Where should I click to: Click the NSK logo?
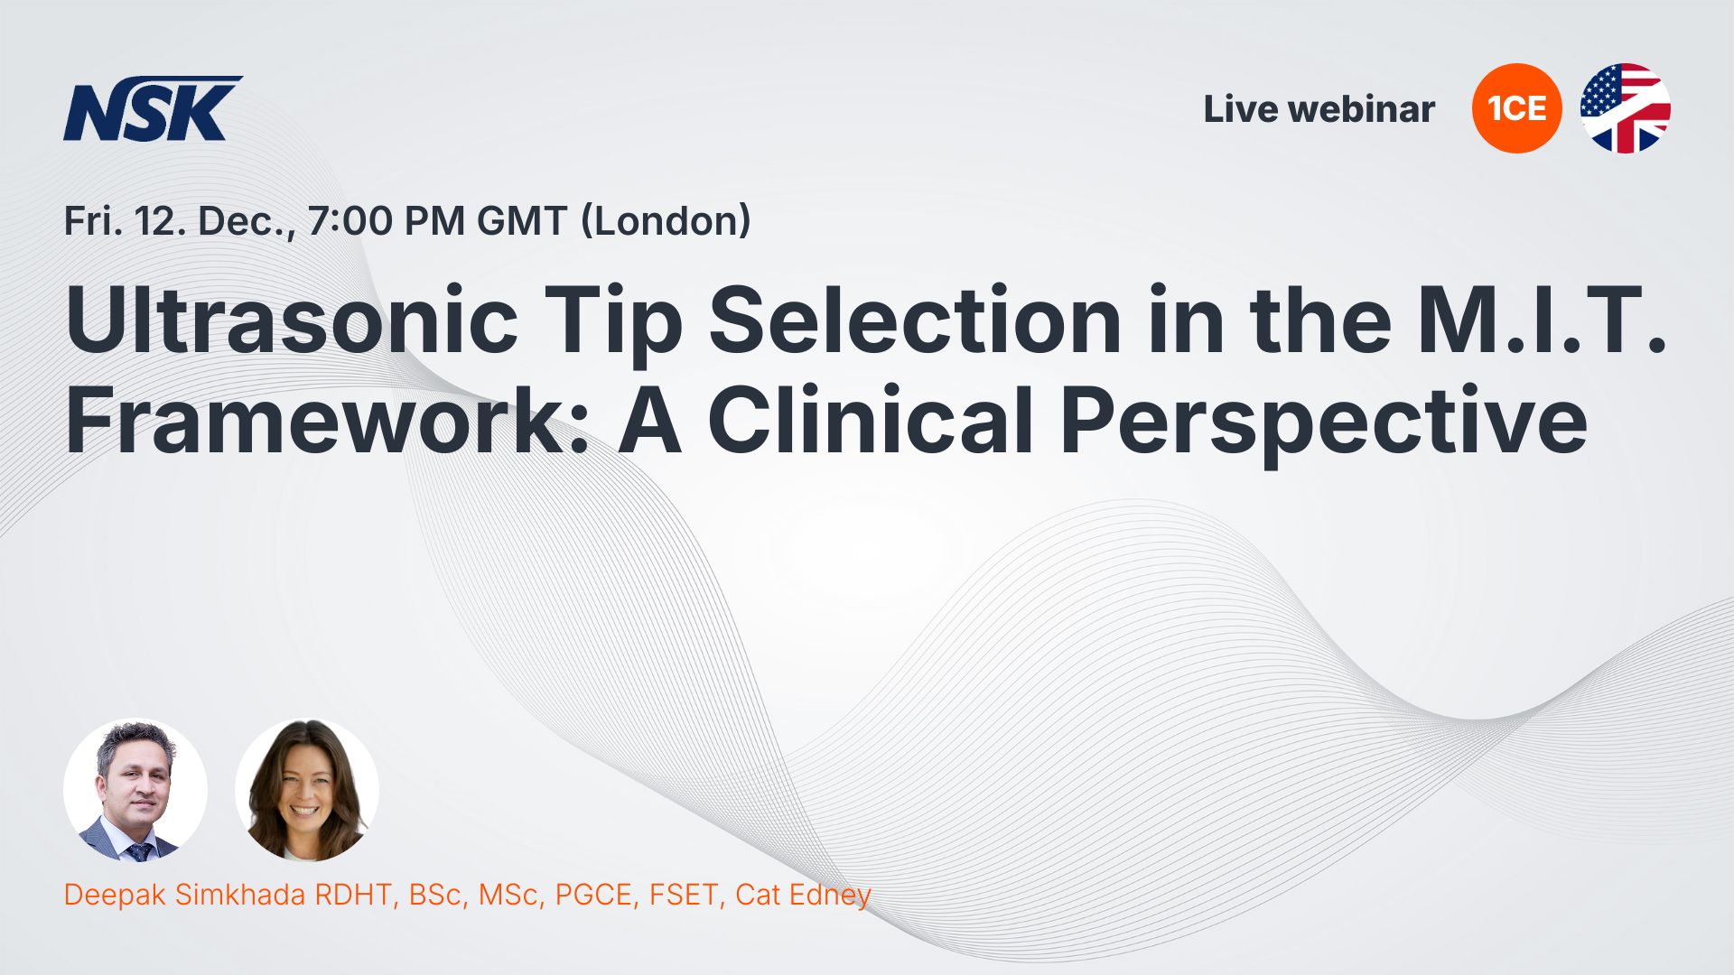pyautogui.click(x=152, y=108)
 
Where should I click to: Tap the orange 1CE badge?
pyautogui.click(x=1516, y=108)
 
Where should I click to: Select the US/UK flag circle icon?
pyautogui.click(x=1625, y=108)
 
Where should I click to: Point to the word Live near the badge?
pyautogui.click(x=1241, y=109)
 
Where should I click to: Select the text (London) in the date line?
pyautogui.click(x=666, y=221)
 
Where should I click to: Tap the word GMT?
pyautogui.click(x=522, y=221)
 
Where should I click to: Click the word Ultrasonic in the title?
pyautogui.click(x=292, y=320)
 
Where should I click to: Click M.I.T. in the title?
pyautogui.click(x=1543, y=320)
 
